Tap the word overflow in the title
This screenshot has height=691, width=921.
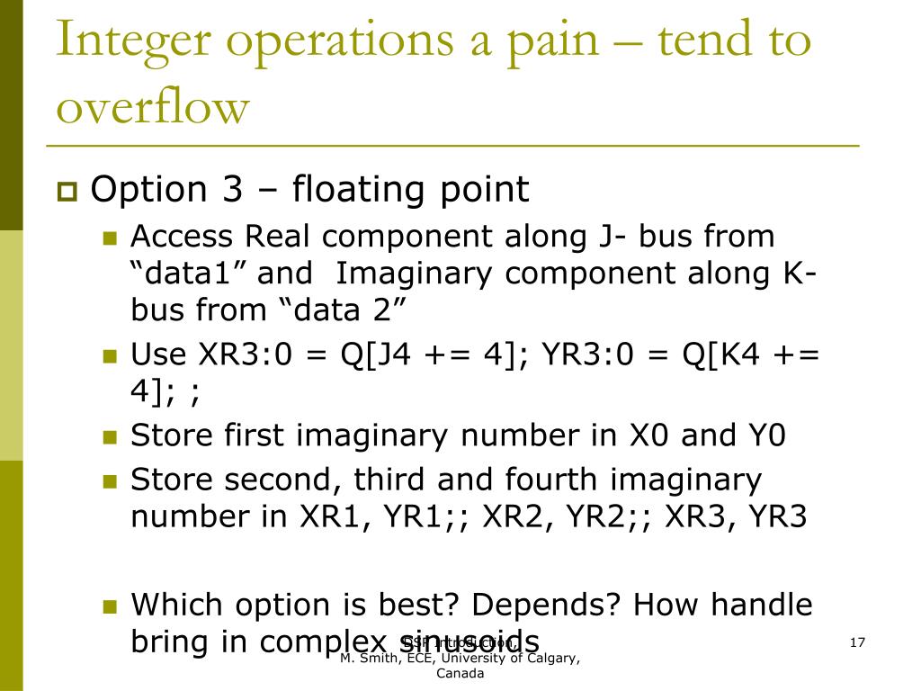click(x=152, y=108)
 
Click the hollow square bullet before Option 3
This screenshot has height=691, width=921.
click(x=67, y=192)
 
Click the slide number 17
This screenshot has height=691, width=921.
click(x=856, y=642)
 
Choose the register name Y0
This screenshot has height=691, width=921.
click(x=766, y=436)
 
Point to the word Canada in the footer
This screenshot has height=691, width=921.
click(x=460, y=674)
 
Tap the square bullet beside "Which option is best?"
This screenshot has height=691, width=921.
click(x=111, y=606)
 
